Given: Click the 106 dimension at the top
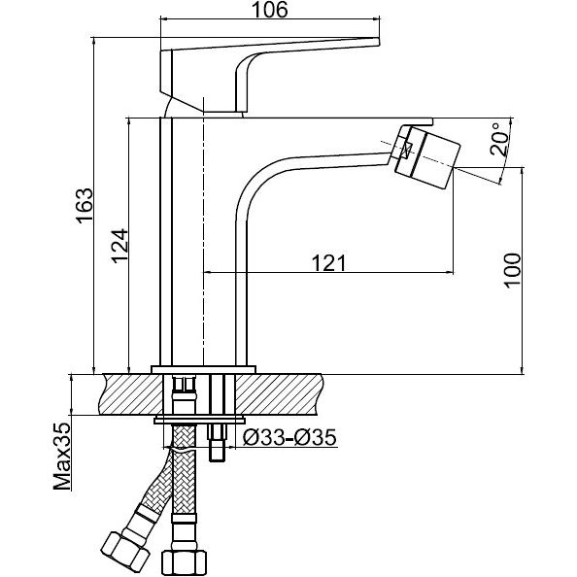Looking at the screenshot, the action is point(270,10).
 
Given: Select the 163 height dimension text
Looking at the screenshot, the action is point(85,205).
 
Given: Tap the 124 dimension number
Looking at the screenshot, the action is point(120,246).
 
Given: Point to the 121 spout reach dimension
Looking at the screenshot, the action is point(328,262).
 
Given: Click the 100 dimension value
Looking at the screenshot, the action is point(512,270).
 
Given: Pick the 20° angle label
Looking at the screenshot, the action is point(498,139).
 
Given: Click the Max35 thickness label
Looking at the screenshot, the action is point(62,457).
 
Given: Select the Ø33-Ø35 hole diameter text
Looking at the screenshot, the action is point(289,437).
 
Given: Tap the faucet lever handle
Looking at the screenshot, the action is point(270,74).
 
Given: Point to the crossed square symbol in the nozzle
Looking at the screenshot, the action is point(407,149).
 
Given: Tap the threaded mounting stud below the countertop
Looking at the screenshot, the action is point(217,443).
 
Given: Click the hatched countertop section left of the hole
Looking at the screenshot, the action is point(131,394).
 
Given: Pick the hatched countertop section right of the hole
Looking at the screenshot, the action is point(280,394).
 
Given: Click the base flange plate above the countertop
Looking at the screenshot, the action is point(203,370).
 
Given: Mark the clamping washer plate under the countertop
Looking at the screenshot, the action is point(200,420).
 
